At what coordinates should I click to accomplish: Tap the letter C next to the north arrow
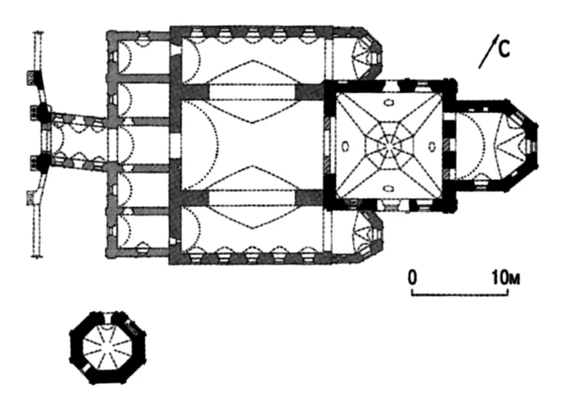[504, 49]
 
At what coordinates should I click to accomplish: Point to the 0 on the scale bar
[412, 278]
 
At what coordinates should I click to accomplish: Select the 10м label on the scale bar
[506, 278]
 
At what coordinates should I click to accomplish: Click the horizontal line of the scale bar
[460, 295]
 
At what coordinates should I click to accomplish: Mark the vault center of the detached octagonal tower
[108, 347]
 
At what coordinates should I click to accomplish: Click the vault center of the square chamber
[389, 146]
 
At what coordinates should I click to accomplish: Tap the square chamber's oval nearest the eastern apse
[432, 146]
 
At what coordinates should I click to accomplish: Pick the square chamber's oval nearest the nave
[345, 146]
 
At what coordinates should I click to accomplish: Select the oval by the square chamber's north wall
[388, 103]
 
